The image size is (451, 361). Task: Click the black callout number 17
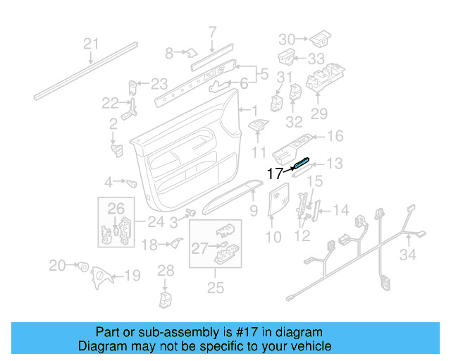click(275, 173)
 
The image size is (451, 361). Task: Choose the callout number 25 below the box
click(216, 287)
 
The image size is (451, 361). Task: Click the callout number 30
click(288, 38)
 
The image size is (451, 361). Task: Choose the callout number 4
click(109, 183)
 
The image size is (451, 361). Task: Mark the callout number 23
click(159, 82)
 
